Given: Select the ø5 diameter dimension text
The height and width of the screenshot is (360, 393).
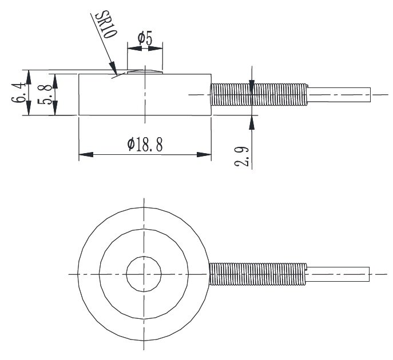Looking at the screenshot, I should pyautogui.click(x=145, y=38).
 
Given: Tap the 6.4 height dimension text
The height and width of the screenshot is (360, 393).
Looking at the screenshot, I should pyautogui.click(x=17, y=93).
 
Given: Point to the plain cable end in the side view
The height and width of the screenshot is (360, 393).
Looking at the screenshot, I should pyautogui.click(x=340, y=95).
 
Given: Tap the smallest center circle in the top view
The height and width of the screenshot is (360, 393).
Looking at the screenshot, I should pyautogui.click(x=144, y=274).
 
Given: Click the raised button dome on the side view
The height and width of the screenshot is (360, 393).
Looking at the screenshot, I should pyautogui.click(x=145, y=71).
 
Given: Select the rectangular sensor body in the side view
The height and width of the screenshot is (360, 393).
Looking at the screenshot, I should pyautogui.click(x=145, y=94).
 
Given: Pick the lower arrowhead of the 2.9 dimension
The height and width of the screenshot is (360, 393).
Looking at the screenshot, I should pyautogui.click(x=252, y=121).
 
